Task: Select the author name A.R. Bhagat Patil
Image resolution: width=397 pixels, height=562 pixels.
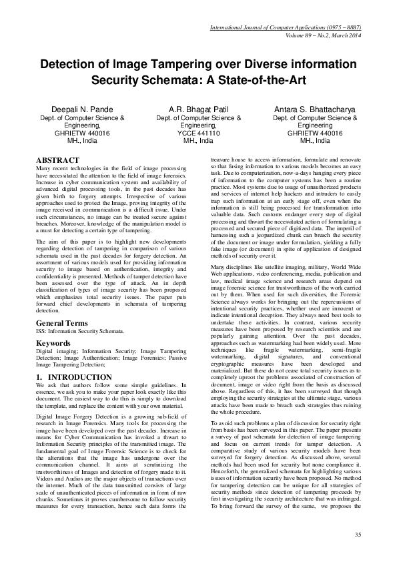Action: click(198, 109)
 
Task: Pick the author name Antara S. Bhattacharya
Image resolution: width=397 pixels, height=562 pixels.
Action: click(316, 109)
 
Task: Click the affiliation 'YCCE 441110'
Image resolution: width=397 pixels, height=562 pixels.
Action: click(198, 133)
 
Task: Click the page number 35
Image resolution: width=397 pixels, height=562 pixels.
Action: click(358, 535)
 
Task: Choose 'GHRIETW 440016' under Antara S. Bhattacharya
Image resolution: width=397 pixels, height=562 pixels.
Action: click(316, 133)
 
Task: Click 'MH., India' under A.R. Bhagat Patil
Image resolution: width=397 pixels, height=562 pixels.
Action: click(198, 141)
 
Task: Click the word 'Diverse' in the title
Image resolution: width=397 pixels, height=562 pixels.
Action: click(256, 65)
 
